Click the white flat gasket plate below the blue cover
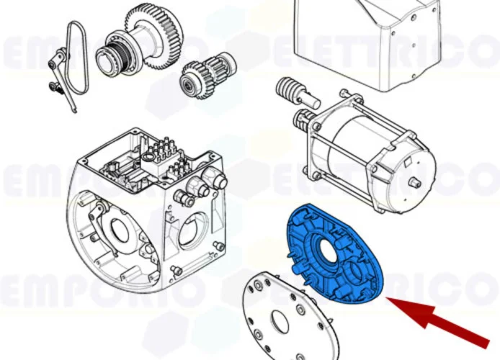(288, 317)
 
